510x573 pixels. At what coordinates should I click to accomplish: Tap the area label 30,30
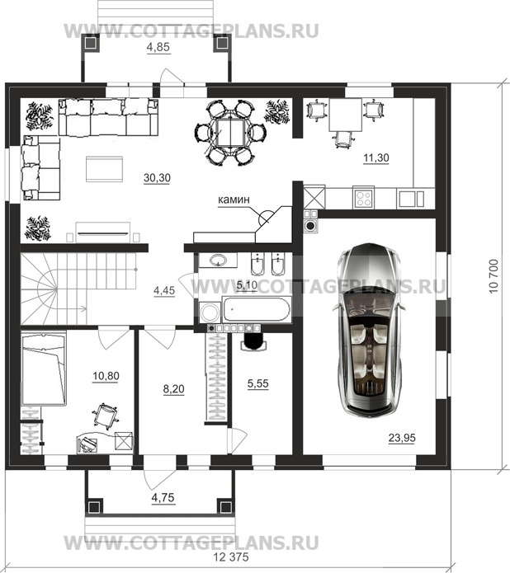[x=157, y=178]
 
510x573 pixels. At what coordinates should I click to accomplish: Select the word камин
[x=234, y=200]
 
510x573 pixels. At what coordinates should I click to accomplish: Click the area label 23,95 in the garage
[x=402, y=438]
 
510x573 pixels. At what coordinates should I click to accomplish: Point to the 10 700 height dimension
[x=493, y=276]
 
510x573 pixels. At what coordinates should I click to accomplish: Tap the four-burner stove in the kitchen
[x=364, y=198]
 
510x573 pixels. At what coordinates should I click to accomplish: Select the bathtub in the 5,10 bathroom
[x=257, y=309]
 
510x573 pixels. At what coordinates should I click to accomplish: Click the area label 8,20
[x=173, y=389]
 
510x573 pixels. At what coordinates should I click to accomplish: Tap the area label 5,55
[x=258, y=383]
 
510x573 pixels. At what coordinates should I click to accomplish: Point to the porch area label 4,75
[x=163, y=497]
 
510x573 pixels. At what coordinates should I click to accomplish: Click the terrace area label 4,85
[x=158, y=48]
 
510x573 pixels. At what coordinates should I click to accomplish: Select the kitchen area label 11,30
[x=376, y=157]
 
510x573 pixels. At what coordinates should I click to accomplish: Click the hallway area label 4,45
[x=164, y=290]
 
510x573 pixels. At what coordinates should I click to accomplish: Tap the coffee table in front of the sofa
[x=104, y=169]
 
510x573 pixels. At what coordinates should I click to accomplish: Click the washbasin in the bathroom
[x=218, y=261]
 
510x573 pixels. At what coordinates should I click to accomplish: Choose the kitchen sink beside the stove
[x=412, y=199]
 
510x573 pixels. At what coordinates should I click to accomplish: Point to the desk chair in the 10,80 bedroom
[x=106, y=416]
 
